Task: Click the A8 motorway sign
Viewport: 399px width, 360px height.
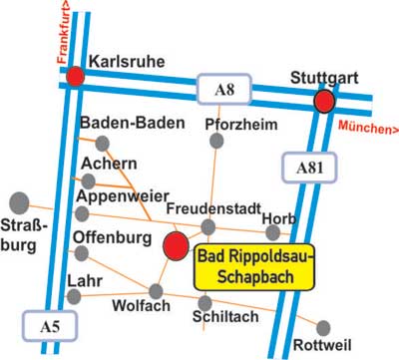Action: coord(223,92)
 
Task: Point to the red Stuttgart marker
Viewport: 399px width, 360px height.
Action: coord(323,102)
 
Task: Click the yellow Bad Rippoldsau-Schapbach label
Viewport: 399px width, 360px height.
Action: coord(254,266)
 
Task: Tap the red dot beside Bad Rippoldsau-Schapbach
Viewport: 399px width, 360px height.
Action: coord(175,245)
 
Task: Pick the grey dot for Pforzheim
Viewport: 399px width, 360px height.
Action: coord(218,142)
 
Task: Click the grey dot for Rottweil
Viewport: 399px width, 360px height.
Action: coord(322,326)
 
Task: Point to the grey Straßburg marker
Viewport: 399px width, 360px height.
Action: coord(18,202)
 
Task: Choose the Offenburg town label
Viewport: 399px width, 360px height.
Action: coord(110,237)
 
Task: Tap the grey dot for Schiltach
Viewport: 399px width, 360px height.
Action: coord(204,302)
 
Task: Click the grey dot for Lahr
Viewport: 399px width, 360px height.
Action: coord(75,296)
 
